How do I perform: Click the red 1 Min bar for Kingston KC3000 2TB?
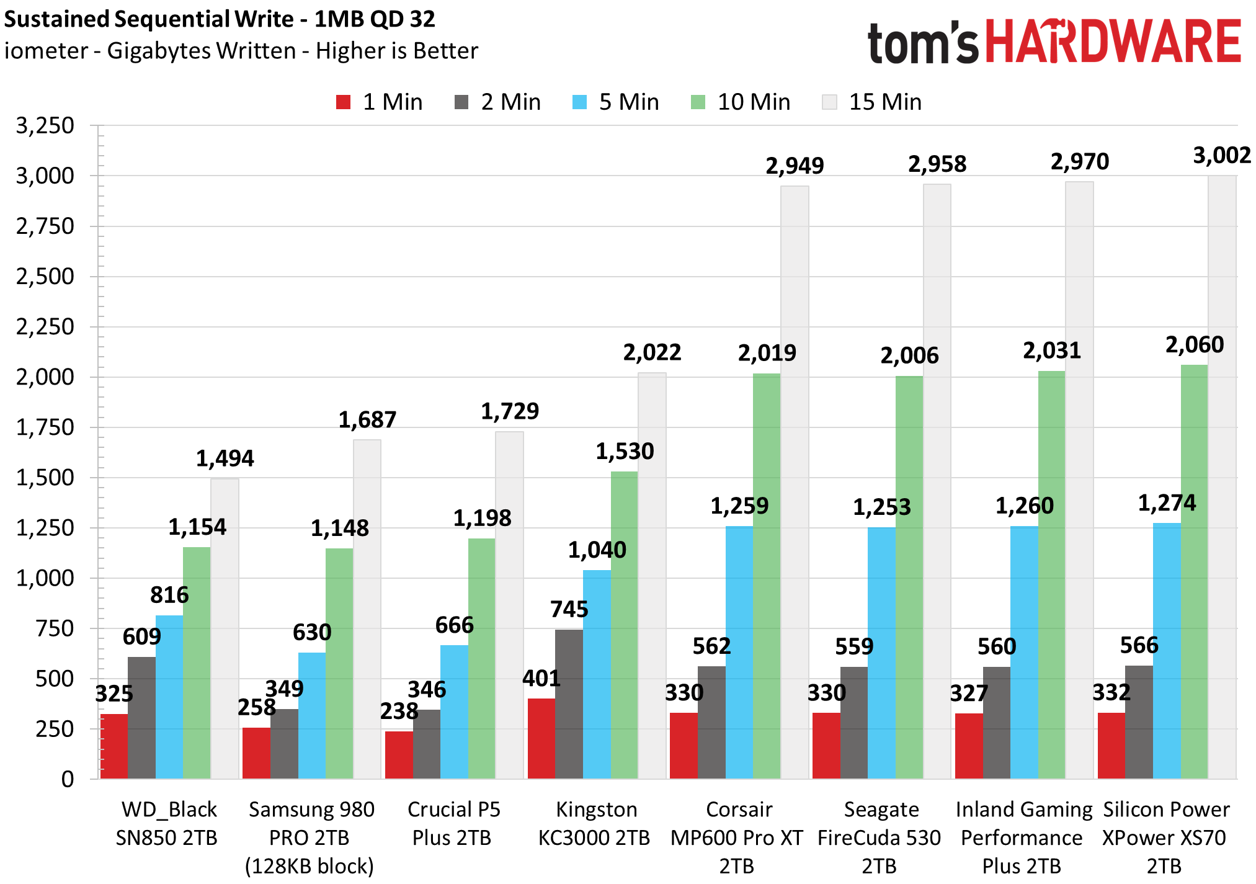pos(541,738)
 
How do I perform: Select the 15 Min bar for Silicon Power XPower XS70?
pos(1221,478)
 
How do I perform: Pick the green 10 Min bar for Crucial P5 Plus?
pos(481,658)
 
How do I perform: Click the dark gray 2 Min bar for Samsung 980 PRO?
pos(284,744)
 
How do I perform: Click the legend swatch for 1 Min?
pos(343,102)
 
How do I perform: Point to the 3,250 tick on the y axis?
pos(45,126)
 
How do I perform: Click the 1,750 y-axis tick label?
pos(45,427)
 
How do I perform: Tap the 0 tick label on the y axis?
pos(67,779)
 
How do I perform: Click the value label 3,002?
pos(1221,155)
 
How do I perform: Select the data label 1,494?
pos(225,458)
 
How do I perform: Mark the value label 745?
pos(569,609)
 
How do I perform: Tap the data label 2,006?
pos(909,355)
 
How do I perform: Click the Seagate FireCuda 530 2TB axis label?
pos(880,837)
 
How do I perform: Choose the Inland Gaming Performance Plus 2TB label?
pos(1022,837)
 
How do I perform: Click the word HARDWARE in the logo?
pos(1113,42)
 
